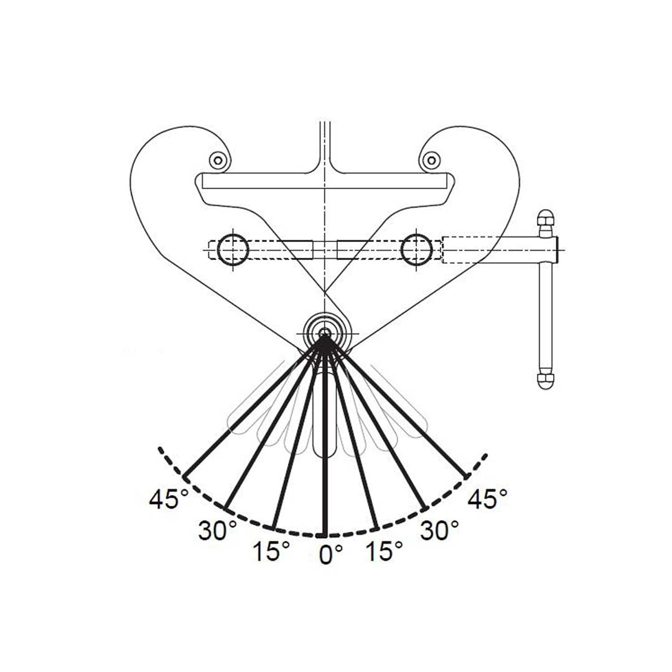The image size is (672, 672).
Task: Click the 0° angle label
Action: (331, 554)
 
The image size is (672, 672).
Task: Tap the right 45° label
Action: (487, 499)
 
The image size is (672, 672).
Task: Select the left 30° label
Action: (217, 530)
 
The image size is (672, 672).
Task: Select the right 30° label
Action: (439, 530)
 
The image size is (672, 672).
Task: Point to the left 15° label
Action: (271, 551)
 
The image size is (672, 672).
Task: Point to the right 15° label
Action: (384, 551)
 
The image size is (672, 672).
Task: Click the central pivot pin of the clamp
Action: (324, 334)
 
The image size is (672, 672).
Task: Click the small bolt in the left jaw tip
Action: (217, 161)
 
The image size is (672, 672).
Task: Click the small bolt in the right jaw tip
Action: (429, 161)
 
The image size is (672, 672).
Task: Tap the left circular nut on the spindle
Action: (233, 250)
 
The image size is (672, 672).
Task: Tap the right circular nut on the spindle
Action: (416, 250)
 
